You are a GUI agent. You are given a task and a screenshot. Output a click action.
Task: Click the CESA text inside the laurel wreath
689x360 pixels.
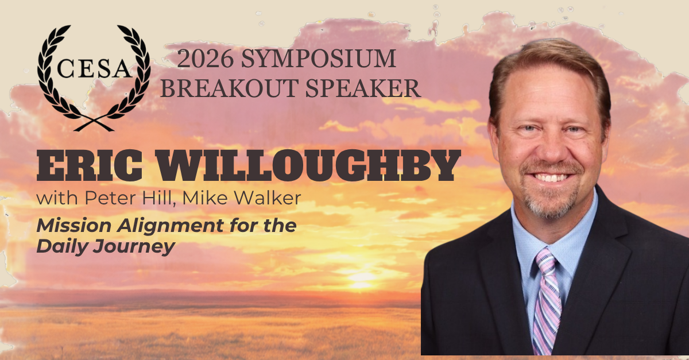[94, 69]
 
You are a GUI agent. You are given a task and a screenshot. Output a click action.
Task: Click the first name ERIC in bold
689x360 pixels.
[89, 165]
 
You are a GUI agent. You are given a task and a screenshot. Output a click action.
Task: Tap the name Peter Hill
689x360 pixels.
[127, 198]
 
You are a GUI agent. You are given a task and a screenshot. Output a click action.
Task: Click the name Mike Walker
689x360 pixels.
[242, 198]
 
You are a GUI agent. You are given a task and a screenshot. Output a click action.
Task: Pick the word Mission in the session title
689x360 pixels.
[74, 226]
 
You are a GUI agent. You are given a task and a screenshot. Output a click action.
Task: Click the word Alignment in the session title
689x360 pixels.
[170, 227]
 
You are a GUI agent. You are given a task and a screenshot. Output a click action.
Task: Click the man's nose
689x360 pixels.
[552, 148]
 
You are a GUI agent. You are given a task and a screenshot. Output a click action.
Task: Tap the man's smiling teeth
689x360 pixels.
[553, 178]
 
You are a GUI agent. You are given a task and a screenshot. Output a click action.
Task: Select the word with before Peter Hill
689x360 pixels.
[57, 198]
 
